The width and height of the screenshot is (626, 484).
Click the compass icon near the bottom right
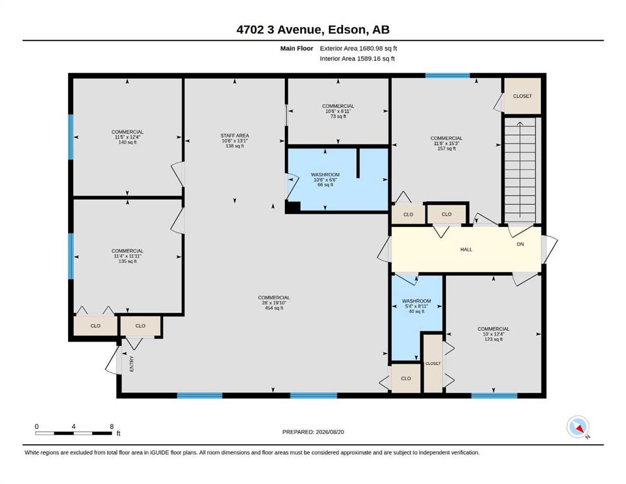577,427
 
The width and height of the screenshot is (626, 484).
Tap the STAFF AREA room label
235,135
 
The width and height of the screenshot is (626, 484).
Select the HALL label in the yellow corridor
466,250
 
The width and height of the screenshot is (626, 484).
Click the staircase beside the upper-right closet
520,170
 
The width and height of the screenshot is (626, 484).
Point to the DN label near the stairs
520,244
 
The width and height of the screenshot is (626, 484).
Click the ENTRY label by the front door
132,364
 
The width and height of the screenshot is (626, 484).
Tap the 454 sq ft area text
274,308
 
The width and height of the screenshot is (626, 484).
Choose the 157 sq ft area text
446,149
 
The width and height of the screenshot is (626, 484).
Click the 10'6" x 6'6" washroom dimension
325,180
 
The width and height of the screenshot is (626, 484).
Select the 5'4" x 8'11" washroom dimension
417,306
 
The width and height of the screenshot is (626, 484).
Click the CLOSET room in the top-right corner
522,96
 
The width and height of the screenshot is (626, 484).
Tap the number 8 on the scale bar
112,426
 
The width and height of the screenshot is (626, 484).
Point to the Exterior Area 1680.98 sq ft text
358,49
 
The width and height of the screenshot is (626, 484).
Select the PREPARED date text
313,432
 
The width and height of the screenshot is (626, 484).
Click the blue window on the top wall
448,76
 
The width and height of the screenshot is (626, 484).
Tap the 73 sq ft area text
338,116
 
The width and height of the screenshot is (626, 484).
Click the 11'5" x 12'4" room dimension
127,137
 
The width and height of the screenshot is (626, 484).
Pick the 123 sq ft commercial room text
494,339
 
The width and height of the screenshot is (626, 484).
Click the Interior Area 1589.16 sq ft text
357,59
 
